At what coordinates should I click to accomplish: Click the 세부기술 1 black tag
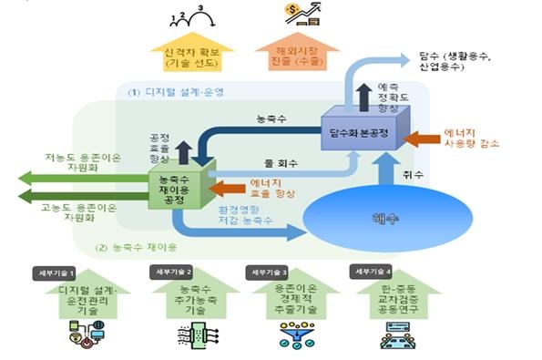77,273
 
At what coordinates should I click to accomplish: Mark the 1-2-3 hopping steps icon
189,15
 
